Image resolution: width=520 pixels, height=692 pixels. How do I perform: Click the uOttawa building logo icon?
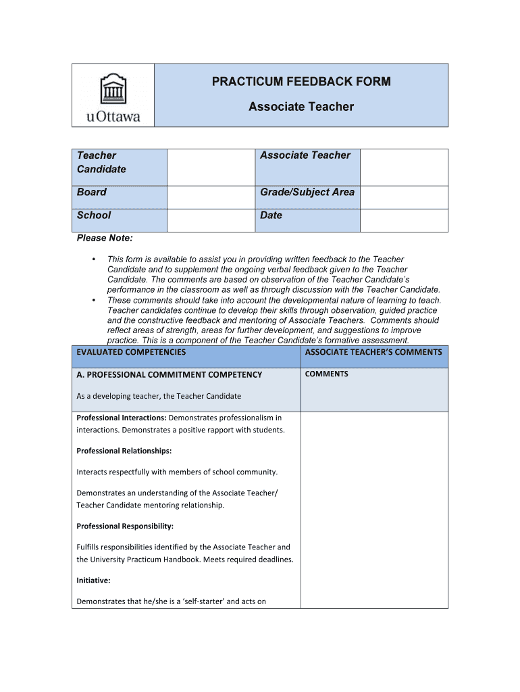[113, 89]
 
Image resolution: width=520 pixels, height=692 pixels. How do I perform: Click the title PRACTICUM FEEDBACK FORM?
[301, 82]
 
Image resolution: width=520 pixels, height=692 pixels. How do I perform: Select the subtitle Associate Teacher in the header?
[301, 107]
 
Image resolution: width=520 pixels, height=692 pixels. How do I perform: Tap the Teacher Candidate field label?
[101, 162]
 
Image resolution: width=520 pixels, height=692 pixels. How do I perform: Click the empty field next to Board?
[211, 197]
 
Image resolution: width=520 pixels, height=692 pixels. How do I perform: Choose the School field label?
[94, 216]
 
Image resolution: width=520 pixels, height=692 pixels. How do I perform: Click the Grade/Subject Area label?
[307, 193]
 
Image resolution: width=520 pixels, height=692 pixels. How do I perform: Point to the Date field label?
[271, 216]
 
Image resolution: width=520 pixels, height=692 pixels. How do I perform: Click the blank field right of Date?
[403, 220]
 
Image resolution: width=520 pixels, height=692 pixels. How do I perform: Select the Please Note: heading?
[105, 238]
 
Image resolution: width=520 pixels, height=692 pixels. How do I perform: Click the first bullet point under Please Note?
[94, 259]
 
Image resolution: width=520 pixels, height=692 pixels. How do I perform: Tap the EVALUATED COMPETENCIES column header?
[131, 352]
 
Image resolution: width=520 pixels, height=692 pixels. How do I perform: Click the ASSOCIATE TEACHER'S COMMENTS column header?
[373, 352]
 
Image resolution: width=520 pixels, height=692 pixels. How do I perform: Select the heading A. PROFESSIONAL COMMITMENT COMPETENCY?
[169, 375]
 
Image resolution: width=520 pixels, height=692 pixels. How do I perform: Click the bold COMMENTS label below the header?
[327, 374]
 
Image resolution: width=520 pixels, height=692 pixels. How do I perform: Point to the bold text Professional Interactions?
[122, 418]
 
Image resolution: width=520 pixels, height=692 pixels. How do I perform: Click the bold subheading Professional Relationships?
[124, 451]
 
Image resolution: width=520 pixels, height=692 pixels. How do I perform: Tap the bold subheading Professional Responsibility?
[125, 526]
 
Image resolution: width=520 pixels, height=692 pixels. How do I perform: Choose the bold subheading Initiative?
[93, 580]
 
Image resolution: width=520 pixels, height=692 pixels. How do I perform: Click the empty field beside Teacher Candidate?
[211, 167]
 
